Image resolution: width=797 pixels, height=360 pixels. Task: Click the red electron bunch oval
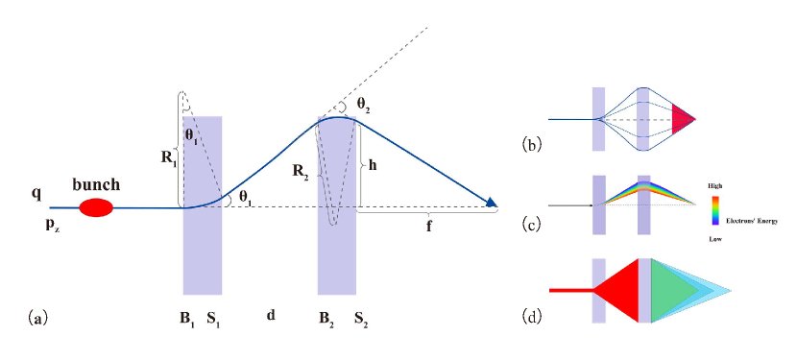[x=95, y=206]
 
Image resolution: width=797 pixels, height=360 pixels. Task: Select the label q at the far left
[x=36, y=192]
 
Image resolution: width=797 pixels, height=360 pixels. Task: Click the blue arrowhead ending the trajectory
[x=494, y=203]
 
